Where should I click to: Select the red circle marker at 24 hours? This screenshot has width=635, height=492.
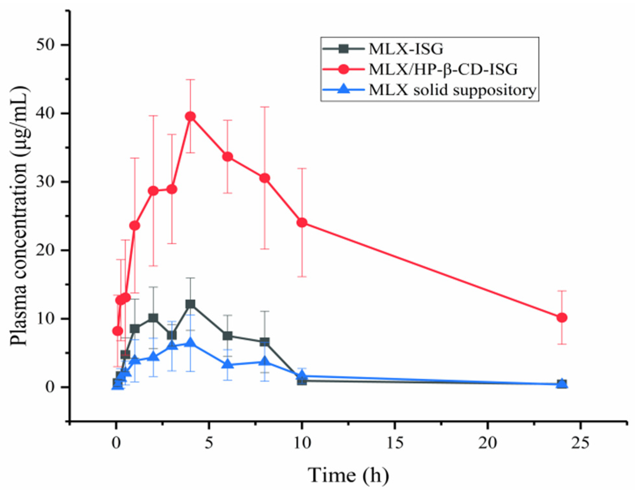click(562, 318)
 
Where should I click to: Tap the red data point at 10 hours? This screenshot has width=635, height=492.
click(302, 223)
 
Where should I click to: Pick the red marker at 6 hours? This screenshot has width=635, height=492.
click(228, 157)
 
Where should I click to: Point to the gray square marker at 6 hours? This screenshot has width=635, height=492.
click(228, 336)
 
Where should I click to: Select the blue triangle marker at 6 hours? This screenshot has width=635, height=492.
click(228, 364)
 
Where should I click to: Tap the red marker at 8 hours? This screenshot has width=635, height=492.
click(265, 178)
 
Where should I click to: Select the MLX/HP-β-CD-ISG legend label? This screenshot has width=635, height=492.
click(443, 69)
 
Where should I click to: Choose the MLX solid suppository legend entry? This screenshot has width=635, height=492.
click(452, 90)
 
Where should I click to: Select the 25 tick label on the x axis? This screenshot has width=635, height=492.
click(581, 443)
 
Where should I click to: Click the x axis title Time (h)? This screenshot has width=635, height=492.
click(348, 475)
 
